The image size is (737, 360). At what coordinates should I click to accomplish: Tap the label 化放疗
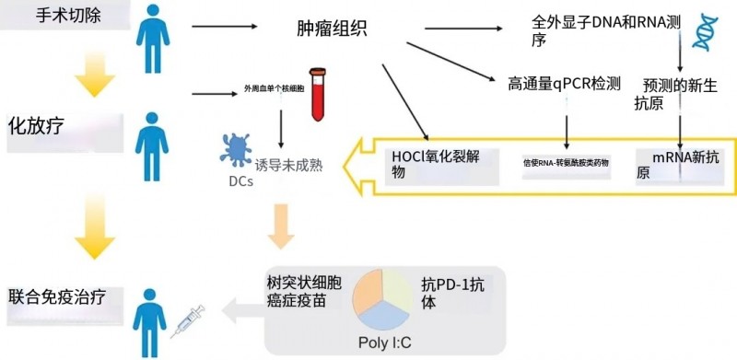(37, 123)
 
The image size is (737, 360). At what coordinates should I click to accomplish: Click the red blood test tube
(318, 93)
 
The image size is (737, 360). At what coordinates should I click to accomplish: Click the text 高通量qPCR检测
(564, 85)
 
